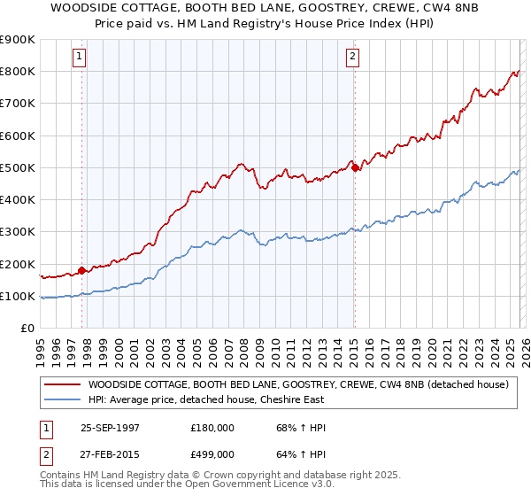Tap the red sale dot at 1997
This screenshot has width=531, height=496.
point(82,270)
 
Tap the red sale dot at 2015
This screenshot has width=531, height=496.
point(355,167)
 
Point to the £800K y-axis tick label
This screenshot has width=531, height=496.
point(18,72)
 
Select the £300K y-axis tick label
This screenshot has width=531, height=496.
point(18,232)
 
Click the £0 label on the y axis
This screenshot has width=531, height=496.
point(27,329)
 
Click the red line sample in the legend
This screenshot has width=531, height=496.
point(62,384)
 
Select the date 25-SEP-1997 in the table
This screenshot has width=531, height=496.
point(110,427)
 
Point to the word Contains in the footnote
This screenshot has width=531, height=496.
point(59,477)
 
